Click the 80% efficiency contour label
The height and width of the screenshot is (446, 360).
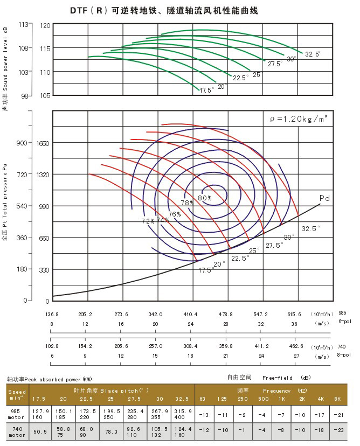click(x=205, y=198)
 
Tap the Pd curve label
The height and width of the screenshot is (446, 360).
click(x=324, y=198)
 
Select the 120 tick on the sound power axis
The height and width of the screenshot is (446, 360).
click(x=45, y=25)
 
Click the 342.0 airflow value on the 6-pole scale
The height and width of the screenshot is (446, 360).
click(x=155, y=314)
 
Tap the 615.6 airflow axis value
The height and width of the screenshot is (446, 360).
click(x=294, y=314)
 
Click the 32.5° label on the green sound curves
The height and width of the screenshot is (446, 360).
click(x=313, y=54)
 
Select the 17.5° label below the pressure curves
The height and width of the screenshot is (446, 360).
click(x=206, y=270)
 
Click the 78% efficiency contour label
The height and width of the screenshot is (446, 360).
click(x=187, y=203)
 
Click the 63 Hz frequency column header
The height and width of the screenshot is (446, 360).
click(x=202, y=399)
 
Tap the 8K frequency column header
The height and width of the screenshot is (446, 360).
click(x=338, y=399)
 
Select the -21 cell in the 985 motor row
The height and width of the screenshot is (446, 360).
click(x=338, y=414)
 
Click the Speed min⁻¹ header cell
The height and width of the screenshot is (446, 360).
click(x=17, y=395)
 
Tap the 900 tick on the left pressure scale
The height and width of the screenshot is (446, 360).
click(x=22, y=143)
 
